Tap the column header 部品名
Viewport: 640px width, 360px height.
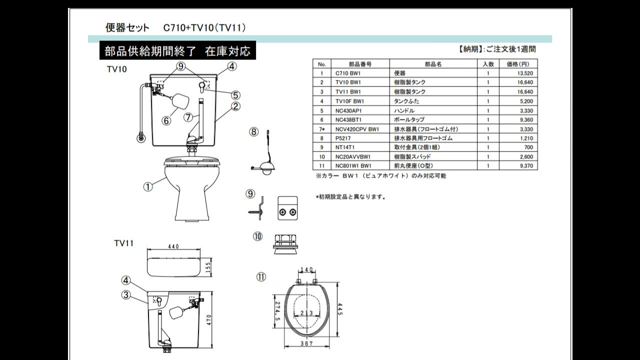(433, 63)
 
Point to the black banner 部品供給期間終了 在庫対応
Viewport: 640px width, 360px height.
(177, 51)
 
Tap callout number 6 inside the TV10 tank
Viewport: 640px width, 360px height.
(166, 120)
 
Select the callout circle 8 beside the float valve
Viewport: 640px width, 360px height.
(254, 132)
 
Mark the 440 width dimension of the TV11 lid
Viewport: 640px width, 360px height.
(173, 246)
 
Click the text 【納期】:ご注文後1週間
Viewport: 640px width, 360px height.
(497, 49)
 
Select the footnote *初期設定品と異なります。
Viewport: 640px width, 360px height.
(351, 197)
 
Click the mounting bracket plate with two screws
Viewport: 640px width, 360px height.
(288, 207)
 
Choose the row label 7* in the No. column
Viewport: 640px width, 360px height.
(322, 129)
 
